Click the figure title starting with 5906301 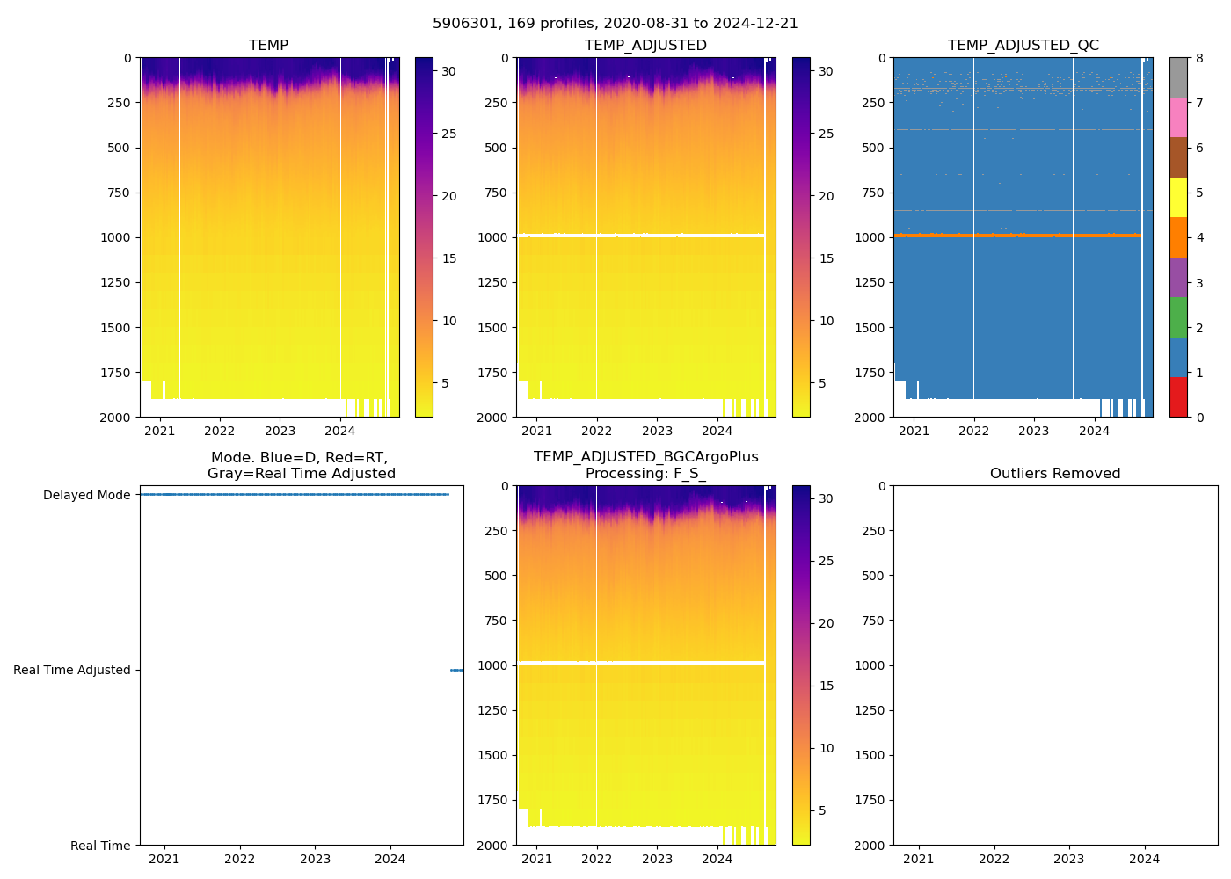[x=615, y=24]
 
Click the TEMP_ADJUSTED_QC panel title [x=1023, y=46]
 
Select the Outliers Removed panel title [x=1055, y=474]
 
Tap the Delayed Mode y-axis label [x=86, y=495]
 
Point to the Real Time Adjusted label [x=71, y=670]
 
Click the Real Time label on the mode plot [x=100, y=846]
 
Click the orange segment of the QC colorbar [x=1178, y=237]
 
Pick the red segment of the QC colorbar [x=1178, y=397]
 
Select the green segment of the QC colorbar [x=1178, y=317]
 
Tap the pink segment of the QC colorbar [x=1178, y=118]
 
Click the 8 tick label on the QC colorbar [x=1199, y=59]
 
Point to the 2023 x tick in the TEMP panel [x=280, y=431]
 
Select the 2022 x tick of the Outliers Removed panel [x=994, y=859]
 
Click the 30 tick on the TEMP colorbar [x=448, y=71]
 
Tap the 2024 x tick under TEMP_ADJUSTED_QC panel [x=1094, y=431]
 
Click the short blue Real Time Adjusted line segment [x=456, y=670]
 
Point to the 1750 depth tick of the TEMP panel [x=115, y=373]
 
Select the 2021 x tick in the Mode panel [x=164, y=859]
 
